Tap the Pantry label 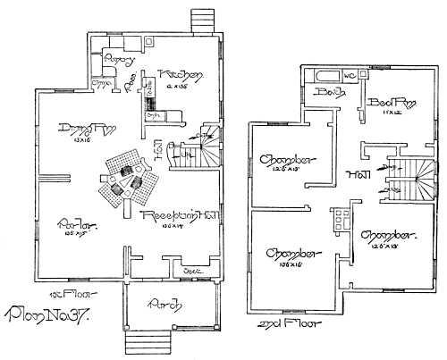click(119, 60)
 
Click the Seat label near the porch click(190, 270)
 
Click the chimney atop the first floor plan click(201, 21)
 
